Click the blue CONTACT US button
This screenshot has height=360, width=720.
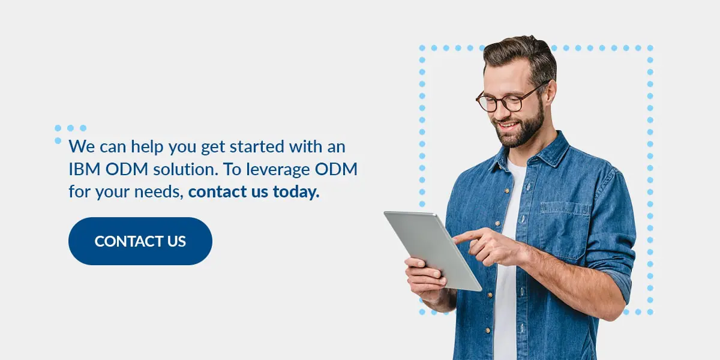[x=140, y=241]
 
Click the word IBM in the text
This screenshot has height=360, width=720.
[x=85, y=169]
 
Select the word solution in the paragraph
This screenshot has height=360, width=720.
[x=185, y=169]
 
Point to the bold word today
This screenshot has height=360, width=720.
[x=296, y=192]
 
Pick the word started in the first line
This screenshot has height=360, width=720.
[x=257, y=146]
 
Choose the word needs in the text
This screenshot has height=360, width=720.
[x=159, y=192]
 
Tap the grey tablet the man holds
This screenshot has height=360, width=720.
[x=433, y=250]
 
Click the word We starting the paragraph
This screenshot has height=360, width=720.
[x=82, y=146]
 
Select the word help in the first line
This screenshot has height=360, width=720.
[x=147, y=147]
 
